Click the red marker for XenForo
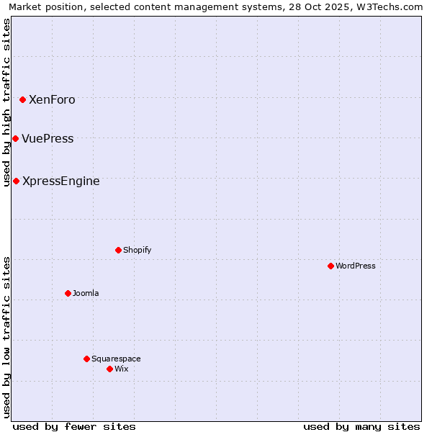click(22, 99)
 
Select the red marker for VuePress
click(15, 138)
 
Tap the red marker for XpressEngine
click(16, 181)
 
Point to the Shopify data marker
click(118, 250)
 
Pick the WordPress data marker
click(330, 266)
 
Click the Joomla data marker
click(68, 293)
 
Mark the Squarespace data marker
click(86, 359)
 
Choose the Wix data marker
click(109, 369)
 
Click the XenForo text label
click(52, 100)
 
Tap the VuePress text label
click(48, 139)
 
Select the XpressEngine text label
click(61, 181)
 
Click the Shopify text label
click(137, 251)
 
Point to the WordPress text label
click(356, 266)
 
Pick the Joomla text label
click(86, 294)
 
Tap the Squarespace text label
click(116, 359)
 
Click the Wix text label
click(122, 369)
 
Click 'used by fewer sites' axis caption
click(74, 426)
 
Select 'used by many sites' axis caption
click(361, 426)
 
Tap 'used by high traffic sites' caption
click(7, 102)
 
